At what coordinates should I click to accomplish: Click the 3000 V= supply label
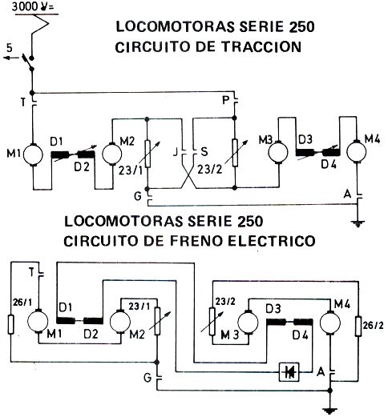(x=33, y=6)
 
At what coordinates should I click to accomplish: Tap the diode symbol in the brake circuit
(x=289, y=371)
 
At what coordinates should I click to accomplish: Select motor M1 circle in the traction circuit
(x=33, y=154)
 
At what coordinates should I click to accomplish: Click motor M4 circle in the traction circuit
(x=356, y=151)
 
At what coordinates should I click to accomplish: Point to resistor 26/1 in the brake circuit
(x=10, y=324)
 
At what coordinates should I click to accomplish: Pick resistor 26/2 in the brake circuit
(x=358, y=326)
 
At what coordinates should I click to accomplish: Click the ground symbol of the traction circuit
(x=358, y=223)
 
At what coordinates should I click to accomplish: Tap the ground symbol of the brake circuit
(x=330, y=411)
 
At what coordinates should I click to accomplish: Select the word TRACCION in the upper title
(x=262, y=46)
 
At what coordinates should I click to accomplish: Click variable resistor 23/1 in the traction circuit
(x=148, y=154)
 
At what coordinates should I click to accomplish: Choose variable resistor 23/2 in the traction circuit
(x=235, y=153)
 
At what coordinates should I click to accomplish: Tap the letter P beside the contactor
(x=226, y=101)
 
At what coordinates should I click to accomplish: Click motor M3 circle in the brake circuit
(x=248, y=323)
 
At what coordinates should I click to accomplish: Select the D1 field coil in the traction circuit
(x=59, y=154)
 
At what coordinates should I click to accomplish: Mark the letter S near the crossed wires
(x=204, y=152)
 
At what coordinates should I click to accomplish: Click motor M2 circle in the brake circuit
(x=120, y=322)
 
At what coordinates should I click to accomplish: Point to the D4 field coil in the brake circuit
(x=303, y=322)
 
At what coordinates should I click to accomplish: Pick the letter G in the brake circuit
(x=148, y=378)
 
